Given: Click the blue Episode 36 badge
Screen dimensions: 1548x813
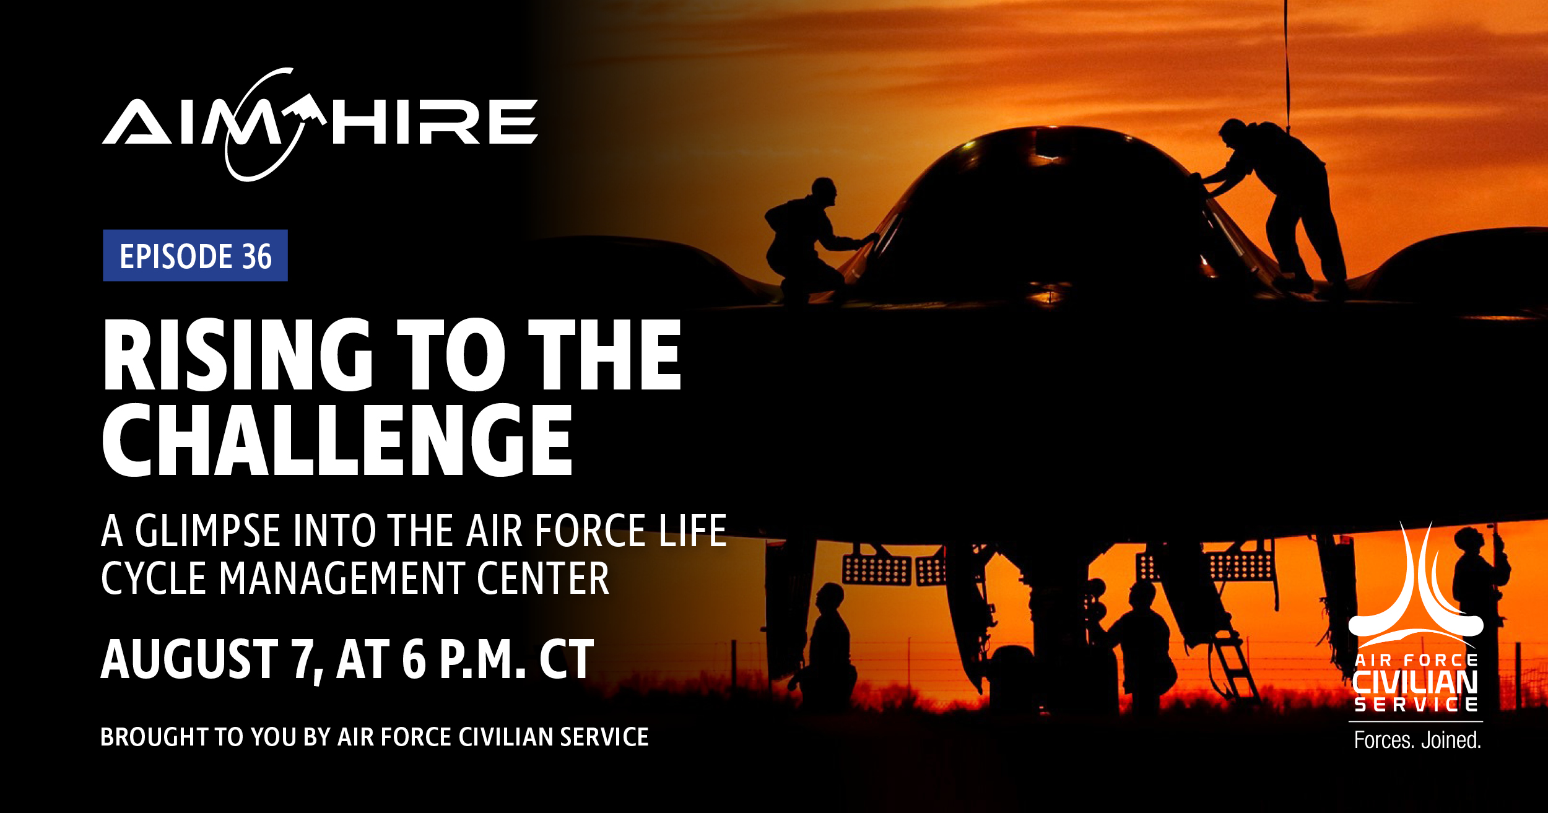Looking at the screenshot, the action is [x=195, y=255].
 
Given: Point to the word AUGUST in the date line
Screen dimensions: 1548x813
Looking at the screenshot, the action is [x=189, y=660].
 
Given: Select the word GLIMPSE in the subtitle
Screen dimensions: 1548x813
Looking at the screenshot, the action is [x=208, y=531].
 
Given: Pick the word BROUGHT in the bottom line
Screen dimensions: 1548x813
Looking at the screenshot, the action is [x=154, y=737].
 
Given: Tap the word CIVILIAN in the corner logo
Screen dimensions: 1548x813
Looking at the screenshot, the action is [x=1415, y=682].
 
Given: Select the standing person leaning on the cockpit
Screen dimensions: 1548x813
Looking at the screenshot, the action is [x=1276, y=204].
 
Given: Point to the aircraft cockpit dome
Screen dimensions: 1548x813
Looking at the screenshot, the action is [x=1053, y=211].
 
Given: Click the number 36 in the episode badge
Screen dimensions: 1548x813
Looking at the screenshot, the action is [x=257, y=256].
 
